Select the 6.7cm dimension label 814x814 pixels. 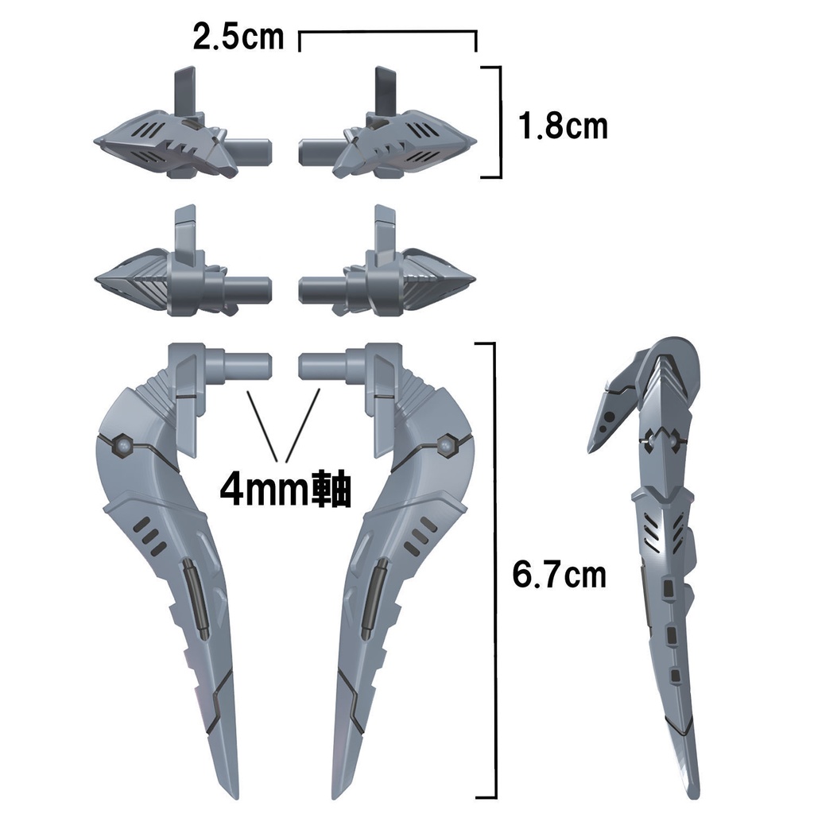[x=560, y=574]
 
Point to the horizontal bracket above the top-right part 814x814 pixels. [x=387, y=33]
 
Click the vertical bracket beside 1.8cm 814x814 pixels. [x=500, y=122]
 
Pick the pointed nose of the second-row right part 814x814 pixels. [x=474, y=283]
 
